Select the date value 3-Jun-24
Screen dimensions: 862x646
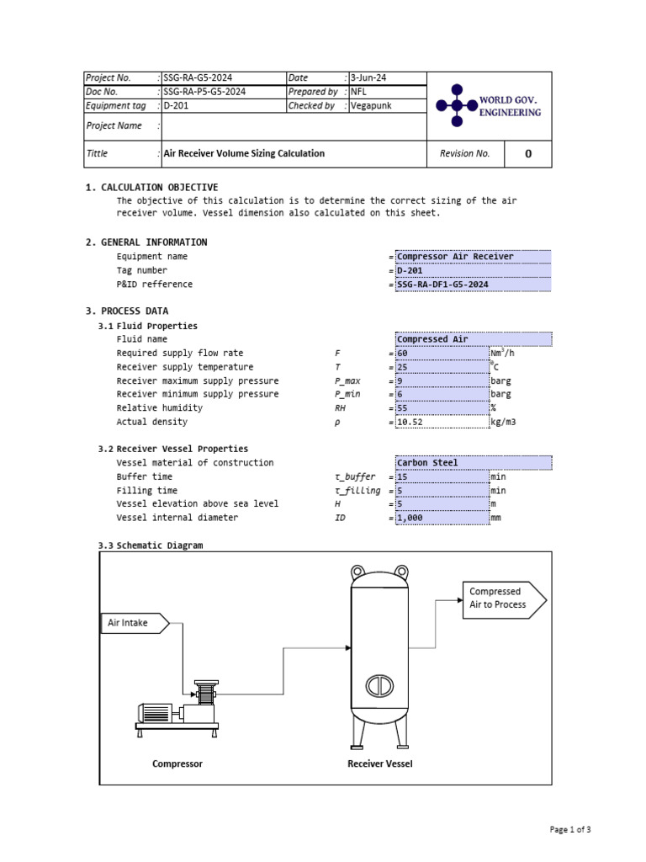369,78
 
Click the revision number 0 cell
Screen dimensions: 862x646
527,154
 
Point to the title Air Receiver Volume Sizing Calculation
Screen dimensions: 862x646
244,154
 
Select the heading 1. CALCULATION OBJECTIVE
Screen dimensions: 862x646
151,188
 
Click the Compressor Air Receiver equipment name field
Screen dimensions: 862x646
473,257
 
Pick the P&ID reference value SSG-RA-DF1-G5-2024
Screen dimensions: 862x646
473,285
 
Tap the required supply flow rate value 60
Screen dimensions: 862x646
441,354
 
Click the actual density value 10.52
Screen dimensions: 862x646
441,422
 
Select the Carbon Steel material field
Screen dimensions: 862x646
473,463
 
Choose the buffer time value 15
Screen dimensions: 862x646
441,476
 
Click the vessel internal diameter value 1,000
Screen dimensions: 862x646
441,518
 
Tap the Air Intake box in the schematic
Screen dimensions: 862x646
135,624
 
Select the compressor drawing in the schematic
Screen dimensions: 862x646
180,709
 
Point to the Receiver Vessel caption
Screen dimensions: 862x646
380,764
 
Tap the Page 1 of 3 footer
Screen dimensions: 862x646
570,830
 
